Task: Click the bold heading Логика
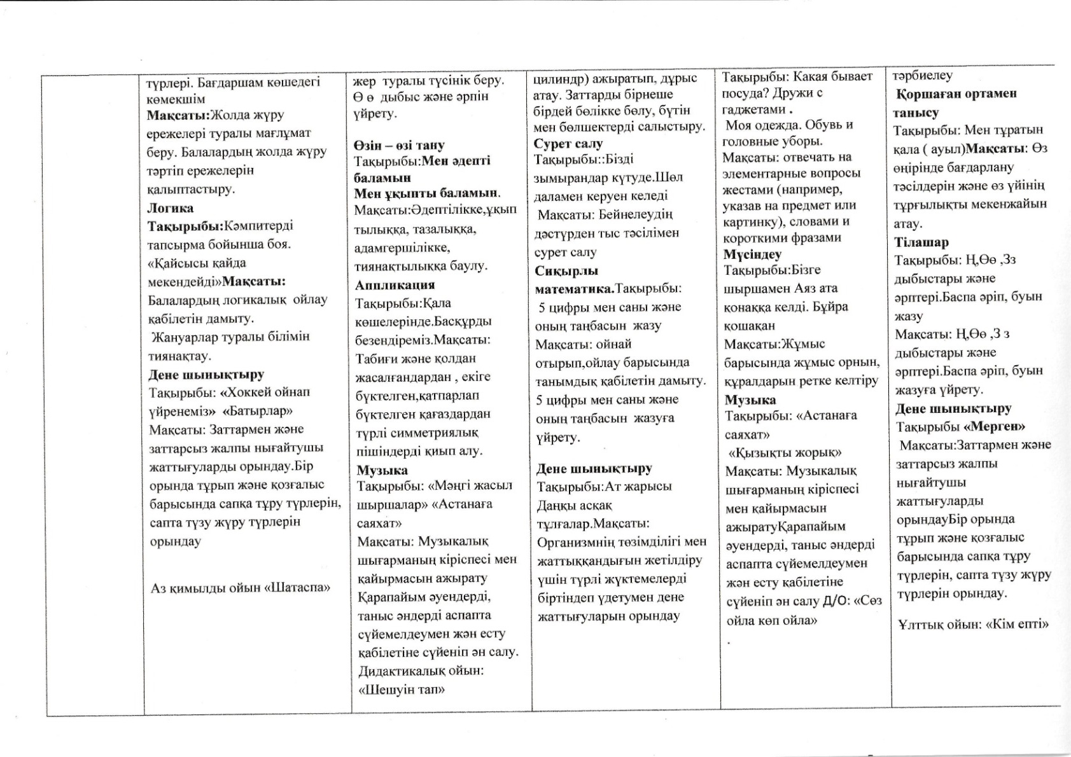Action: [x=171, y=208]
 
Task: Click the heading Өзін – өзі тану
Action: [x=399, y=145]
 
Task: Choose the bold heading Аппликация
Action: [x=395, y=284]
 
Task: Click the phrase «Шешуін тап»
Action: [x=402, y=690]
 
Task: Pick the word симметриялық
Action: [x=443, y=433]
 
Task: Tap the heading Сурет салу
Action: [x=568, y=143]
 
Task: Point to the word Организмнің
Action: [x=577, y=542]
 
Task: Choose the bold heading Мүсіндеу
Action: [x=752, y=254]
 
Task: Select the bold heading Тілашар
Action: [x=921, y=242]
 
